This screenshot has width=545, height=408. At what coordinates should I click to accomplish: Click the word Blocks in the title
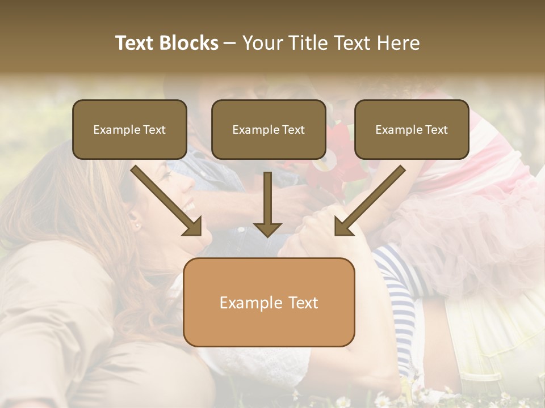coord(188,43)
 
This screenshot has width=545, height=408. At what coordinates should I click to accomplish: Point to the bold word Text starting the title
coord(135,43)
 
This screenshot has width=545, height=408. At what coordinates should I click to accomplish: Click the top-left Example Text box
coord(129,130)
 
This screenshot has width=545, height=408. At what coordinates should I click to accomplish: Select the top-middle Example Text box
coord(269,130)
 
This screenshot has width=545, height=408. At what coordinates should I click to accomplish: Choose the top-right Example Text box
coord(412,130)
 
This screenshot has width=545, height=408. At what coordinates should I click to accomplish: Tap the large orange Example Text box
coord(269,303)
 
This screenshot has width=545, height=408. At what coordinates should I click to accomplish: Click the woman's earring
coord(136,226)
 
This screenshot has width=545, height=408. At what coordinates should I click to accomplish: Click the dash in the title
coord(230,43)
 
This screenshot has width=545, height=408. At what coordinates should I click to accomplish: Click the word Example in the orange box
coord(245,303)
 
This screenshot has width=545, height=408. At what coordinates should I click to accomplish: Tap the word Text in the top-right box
coord(436,130)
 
